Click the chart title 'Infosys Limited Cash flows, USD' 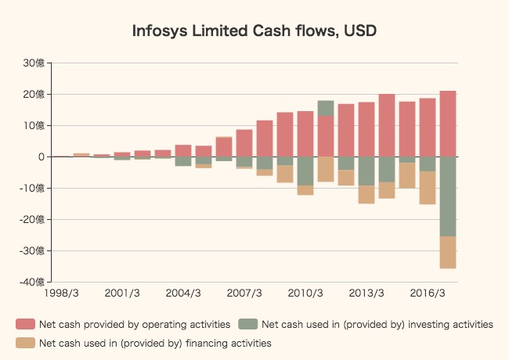pyautogui.click(x=254, y=31)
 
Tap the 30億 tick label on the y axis pyautogui.click(x=34, y=63)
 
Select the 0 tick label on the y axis pyautogui.click(x=41, y=157)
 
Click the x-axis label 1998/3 pyautogui.click(x=62, y=293)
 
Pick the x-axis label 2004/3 pyautogui.click(x=183, y=293)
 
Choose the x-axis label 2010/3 pyautogui.click(x=305, y=293)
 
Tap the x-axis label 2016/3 pyautogui.click(x=428, y=293)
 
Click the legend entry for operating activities pyautogui.click(x=123, y=324)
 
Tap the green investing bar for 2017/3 pyautogui.click(x=448, y=196)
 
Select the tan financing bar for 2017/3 pyautogui.click(x=448, y=252)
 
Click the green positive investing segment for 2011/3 pyautogui.click(x=326, y=108)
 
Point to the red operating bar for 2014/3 pyautogui.click(x=387, y=125)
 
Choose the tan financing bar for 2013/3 pyautogui.click(x=366, y=194)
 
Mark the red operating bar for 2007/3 pyautogui.click(x=244, y=143)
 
